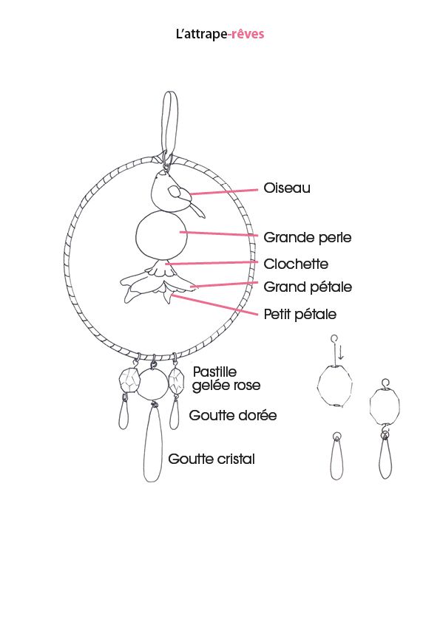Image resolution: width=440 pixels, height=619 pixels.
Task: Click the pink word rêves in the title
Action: (248, 34)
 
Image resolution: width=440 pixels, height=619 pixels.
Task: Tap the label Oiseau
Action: (287, 188)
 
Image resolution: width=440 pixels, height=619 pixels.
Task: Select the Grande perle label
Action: (308, 238)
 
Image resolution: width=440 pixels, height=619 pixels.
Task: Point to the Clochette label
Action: (296, 264)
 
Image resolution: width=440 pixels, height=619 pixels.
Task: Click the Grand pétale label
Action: (308, 287)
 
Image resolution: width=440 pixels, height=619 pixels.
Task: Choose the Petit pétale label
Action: (300, 314)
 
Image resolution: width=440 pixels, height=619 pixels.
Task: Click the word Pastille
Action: (214, 372)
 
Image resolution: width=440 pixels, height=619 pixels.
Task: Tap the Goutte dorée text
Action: (233, 415)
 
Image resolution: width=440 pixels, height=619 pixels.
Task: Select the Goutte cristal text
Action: (211, 459)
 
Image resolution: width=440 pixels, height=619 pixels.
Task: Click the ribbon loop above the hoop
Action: (170, 126)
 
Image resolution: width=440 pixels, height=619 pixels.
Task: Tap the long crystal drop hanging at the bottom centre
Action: (152, 443)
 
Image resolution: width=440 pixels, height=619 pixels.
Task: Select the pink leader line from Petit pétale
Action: (214, 305)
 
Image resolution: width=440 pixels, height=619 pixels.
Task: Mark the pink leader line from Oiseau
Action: (224, 192)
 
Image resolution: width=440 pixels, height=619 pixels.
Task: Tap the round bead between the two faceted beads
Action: (154, 383)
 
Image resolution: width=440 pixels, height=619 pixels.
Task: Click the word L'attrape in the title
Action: (202, 34)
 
